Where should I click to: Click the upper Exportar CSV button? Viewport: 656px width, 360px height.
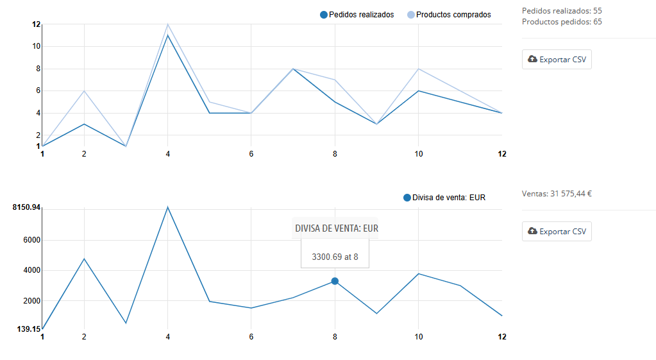pos(557,60)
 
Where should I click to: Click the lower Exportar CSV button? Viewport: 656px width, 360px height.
pos(557,231)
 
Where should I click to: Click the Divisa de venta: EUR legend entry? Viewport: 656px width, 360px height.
pos(444,198)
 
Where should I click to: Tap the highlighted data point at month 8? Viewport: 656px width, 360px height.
pos(335,281)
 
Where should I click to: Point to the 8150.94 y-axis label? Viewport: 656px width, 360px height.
pos(26,207)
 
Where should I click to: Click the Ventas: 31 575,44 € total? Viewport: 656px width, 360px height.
pos(557,193)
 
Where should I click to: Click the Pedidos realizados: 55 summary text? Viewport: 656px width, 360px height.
pos(562,11)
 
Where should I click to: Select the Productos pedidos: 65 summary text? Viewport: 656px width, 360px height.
pos(562,22)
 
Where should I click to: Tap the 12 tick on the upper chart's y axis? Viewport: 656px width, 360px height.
pos(36,24)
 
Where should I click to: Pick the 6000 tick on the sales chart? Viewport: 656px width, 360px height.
pos(32,240)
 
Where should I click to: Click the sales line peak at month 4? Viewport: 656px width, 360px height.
pos(168,207)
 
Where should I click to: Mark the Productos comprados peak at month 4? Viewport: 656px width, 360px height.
pos(168,24)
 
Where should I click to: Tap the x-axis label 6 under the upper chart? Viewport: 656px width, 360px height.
pos(251,154)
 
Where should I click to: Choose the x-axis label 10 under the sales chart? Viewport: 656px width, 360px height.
pos(418,337)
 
